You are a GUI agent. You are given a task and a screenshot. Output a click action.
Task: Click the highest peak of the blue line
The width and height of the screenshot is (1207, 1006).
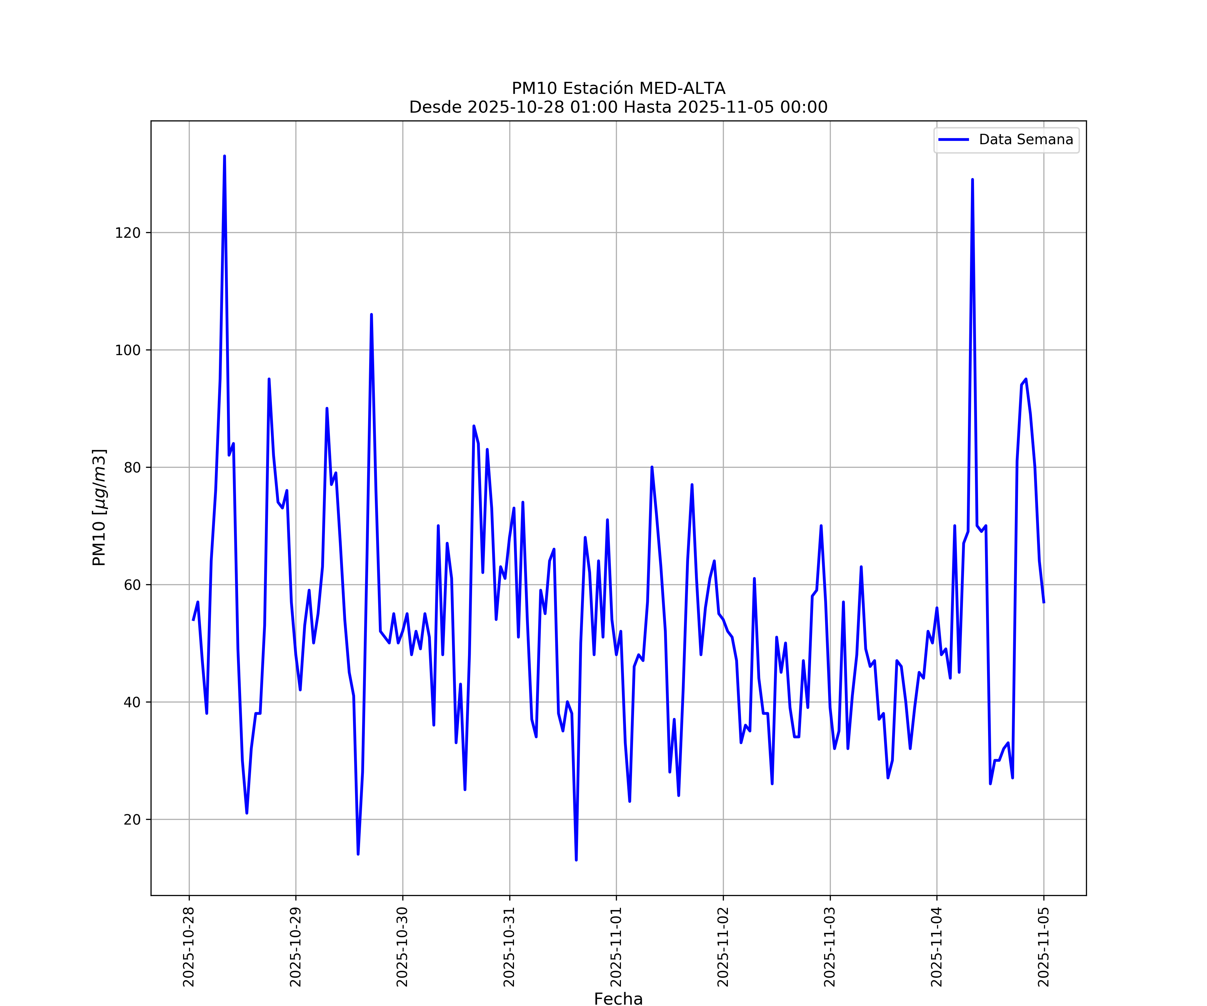tap(224, 156)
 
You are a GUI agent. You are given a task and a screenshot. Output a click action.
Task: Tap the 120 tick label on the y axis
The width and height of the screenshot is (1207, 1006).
tap(128, 233)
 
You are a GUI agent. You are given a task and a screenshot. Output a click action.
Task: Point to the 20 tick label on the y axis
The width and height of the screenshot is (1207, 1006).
tap(132, 819)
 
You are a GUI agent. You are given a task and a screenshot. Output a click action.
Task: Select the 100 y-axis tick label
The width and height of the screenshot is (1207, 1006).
tap(128, 350)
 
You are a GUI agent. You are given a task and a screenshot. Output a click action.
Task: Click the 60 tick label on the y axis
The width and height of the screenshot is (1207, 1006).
tap(132, 584)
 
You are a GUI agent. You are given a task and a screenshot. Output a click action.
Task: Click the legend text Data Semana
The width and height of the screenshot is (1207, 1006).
tap(1026, 140)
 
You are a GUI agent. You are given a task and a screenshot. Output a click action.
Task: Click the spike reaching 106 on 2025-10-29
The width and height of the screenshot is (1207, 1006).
tap(371, 315)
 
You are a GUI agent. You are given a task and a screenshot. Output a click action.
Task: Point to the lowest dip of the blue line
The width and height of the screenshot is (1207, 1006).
tap(576, 860)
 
